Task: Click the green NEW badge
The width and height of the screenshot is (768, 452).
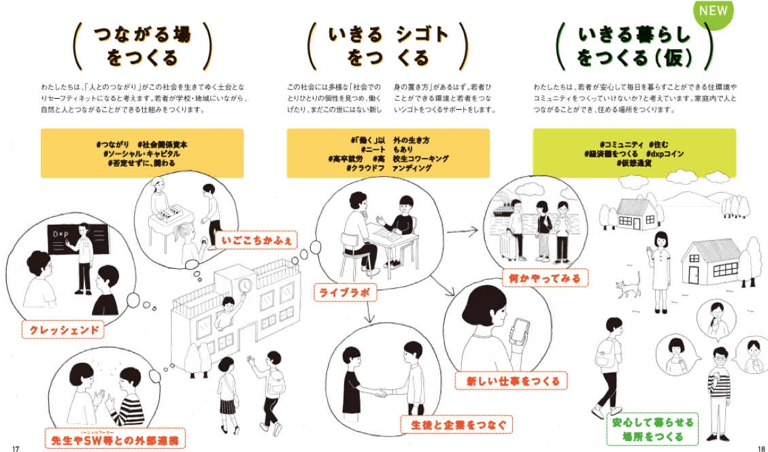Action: (712, 12)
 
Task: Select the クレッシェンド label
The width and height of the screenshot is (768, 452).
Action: (63, 331)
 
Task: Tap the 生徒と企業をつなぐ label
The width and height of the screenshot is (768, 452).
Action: (455, 425)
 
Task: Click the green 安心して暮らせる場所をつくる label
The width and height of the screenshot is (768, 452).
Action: (643, 430)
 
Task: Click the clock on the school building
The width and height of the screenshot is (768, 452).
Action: (244, 285)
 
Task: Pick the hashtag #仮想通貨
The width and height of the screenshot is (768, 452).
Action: (634, 163)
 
